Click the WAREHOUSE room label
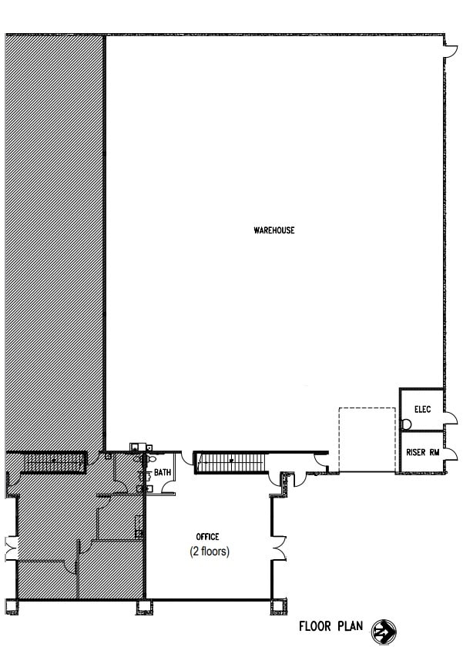tap(274, 230)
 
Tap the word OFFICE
tap(207, 536)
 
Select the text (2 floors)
tap(210, 551)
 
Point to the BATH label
tap(163, 472)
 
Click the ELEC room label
tap(423, 409)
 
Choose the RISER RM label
tap(423, 452)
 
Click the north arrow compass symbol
tap(384, 632)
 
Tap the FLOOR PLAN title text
tap(331, 626)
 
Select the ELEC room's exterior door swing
tap(451, 417)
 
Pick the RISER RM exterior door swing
tap(451, 454)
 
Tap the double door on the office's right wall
tap(280, 548)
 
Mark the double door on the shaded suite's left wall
tap(11, 548)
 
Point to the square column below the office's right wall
tap(279, 607)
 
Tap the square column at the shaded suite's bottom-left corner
tap(12, 607)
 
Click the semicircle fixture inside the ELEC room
tap(406, 424)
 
